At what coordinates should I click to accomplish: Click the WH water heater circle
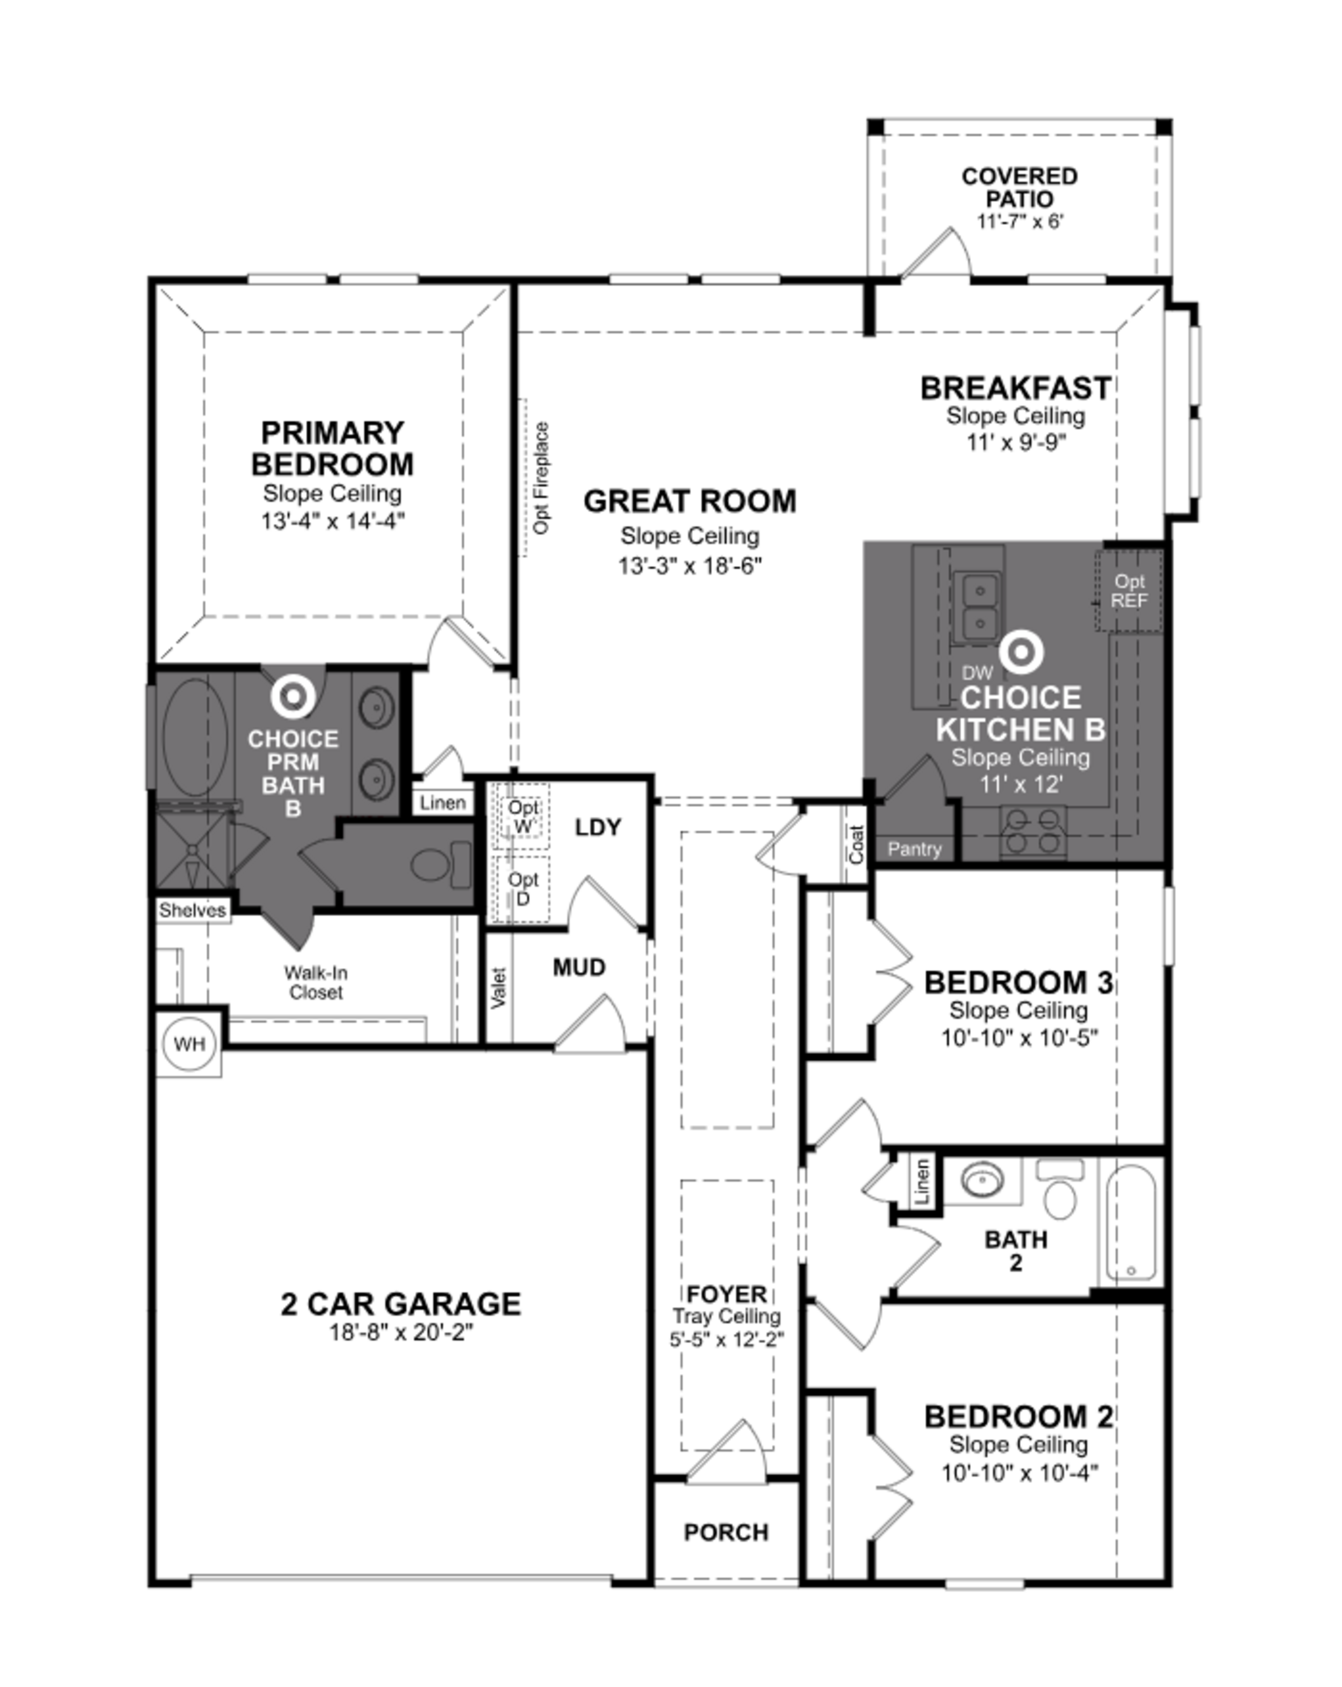(189, 1044)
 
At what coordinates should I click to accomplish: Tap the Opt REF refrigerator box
(1128, 591)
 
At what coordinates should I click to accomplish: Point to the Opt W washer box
(522, 816)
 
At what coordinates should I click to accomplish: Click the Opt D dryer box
(522, 889)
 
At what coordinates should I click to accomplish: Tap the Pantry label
(914, 849)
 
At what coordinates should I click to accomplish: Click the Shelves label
(192, 910)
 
